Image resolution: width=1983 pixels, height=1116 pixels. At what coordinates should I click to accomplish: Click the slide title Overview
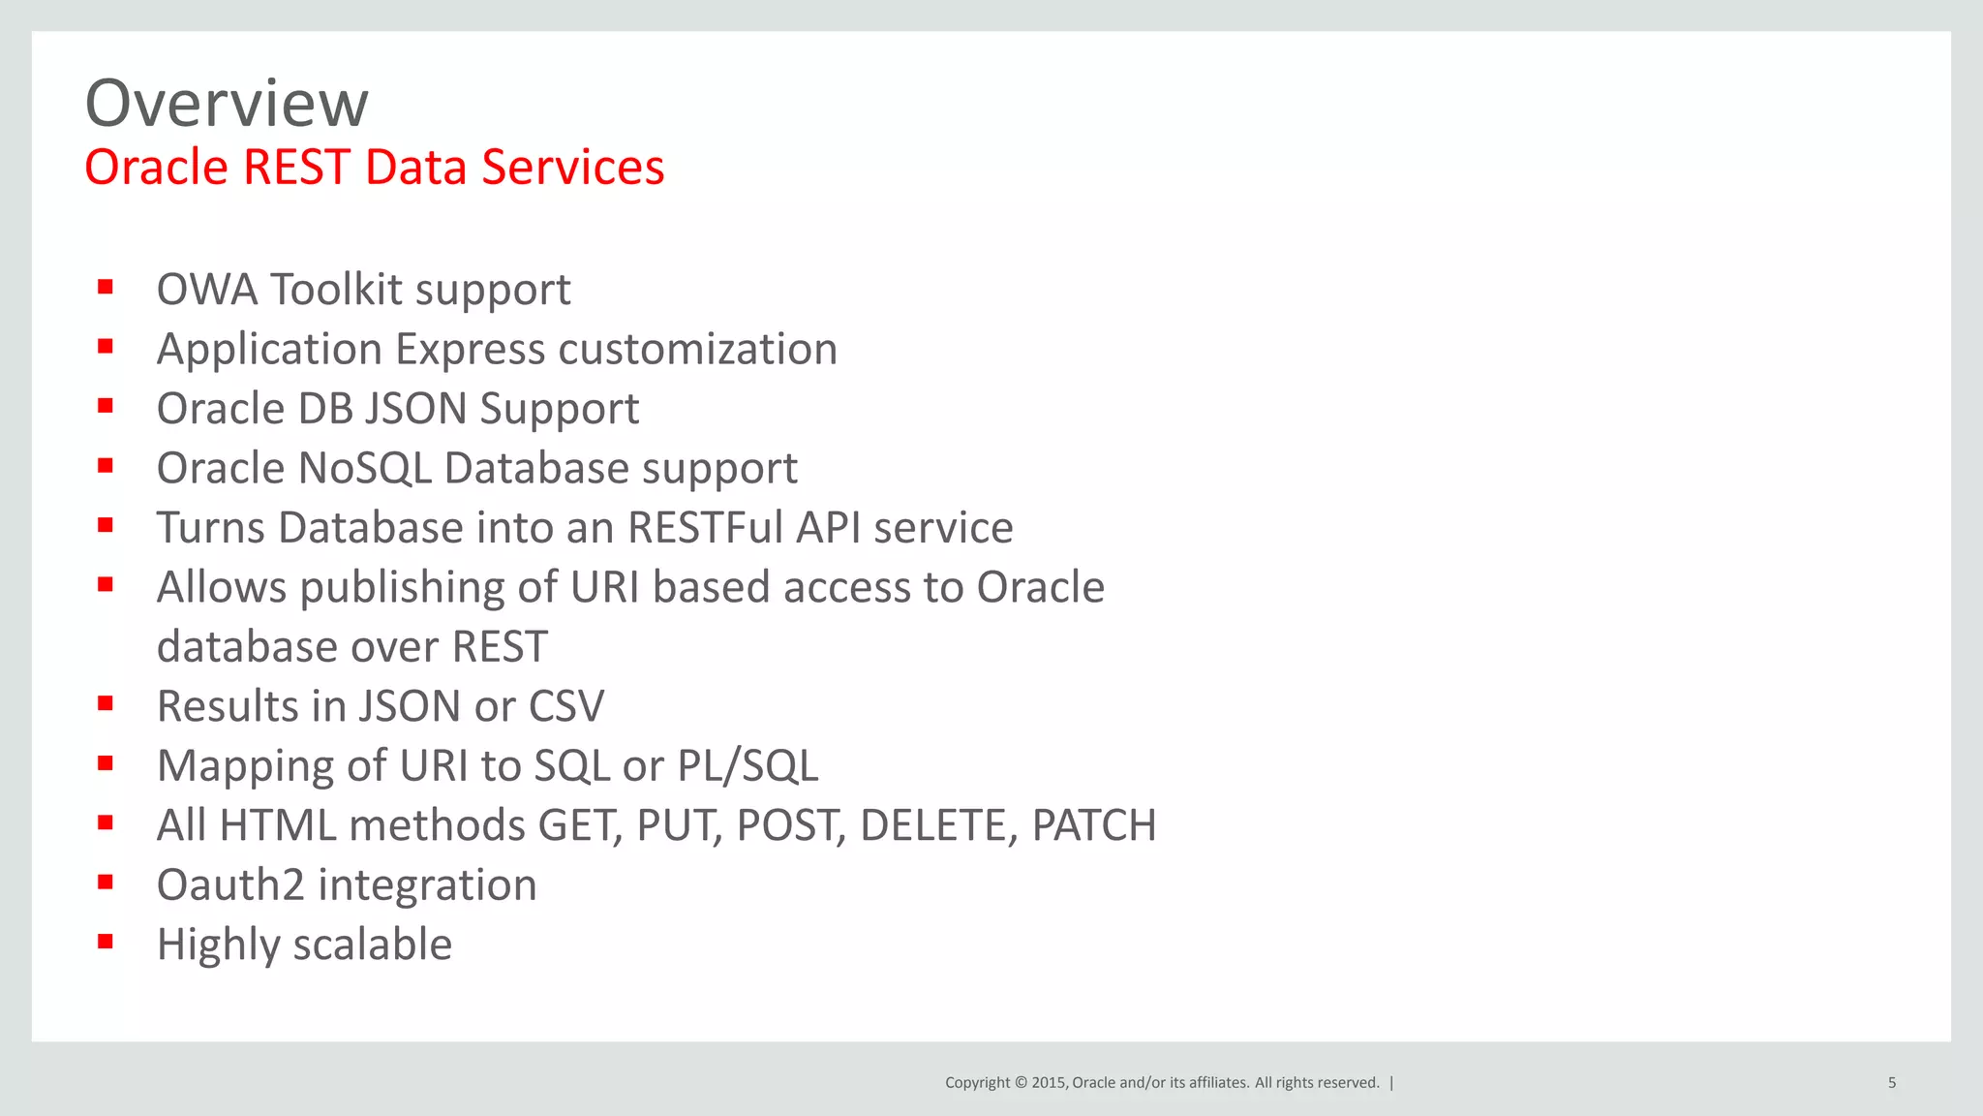[227, 103]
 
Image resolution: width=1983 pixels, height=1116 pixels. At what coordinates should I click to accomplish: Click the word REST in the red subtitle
[296, 167]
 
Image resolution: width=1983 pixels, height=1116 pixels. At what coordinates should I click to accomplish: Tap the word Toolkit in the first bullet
[335, 289]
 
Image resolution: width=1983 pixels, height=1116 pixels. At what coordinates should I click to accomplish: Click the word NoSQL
[364, 468]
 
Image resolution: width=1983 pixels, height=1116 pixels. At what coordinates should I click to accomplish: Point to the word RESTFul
[705, 528]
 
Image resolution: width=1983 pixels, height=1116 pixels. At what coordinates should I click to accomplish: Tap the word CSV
[566, 706]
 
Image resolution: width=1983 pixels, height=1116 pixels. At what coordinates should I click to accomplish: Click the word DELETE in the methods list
[937, 825]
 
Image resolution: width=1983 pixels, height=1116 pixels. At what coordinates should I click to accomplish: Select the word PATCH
[1093, 825]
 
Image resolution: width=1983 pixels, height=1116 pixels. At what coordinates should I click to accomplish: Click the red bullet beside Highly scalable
[106, 941]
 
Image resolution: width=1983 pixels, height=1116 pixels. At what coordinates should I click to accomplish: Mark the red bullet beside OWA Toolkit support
[106, 286]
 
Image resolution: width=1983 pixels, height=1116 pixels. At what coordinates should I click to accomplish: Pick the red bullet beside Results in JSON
[106, 702]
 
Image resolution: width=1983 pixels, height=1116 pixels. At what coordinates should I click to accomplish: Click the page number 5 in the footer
[1891, 1083]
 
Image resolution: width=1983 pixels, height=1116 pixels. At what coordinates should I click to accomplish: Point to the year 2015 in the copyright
[1050, 1083]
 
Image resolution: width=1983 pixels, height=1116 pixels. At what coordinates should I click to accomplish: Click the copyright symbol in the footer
[1021, 1083]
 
